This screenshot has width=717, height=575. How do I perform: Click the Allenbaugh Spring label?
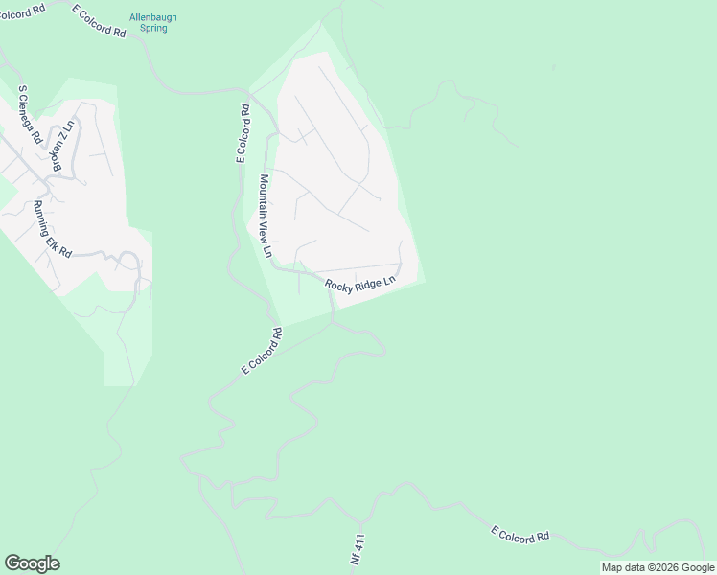coord(153,23)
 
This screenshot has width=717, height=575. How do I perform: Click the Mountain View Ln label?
coord(266,217)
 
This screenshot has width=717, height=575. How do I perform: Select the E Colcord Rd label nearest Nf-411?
coord(520,535)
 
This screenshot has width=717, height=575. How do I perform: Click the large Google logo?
coord(32,563)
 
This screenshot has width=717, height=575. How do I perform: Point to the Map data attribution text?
coord(658,567)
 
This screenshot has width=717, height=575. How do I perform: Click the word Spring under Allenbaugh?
coord(153,29)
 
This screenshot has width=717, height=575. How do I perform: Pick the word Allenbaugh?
coord(153,17)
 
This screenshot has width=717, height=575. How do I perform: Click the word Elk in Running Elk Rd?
coord(57,236)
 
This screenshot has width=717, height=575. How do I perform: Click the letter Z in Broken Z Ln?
coord(66,137)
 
